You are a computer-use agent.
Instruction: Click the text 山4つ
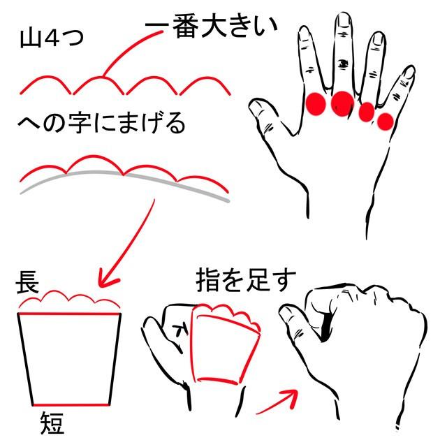(52, 38)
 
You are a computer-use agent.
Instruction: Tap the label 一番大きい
(212, 27)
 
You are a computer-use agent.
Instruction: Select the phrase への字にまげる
(101, 123)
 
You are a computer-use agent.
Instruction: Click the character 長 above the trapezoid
(27, 281)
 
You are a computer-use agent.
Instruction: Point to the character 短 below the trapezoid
(52, 422)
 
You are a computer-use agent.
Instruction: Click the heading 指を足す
(246, 280)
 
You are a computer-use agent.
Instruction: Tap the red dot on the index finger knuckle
(316, 104)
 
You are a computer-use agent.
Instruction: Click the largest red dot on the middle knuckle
(342, 104)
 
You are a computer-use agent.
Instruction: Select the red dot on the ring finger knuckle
(367, 112)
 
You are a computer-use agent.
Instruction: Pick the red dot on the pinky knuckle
(385, 121)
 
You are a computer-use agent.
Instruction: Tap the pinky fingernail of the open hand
(409, 73)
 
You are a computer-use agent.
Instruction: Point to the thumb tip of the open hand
(254, 107)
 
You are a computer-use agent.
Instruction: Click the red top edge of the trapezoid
(70, 314)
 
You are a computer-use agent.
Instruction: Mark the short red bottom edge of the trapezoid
(71, 404)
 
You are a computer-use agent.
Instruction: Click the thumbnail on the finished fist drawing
(287, 314)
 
